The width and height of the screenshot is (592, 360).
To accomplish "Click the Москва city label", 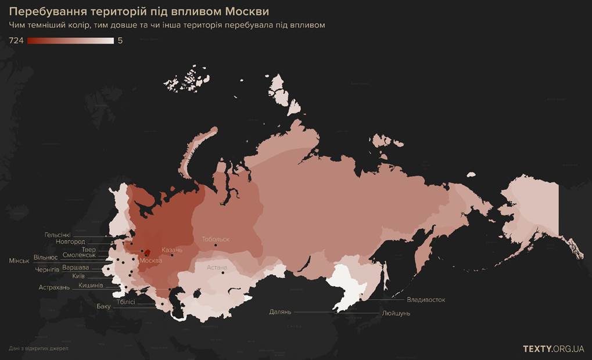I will tap(150, 261).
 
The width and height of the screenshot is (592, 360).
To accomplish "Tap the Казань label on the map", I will tap(172, 250).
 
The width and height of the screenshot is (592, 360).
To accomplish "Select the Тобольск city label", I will tap(216, 239).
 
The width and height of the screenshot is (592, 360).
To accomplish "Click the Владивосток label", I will tap(426, 300).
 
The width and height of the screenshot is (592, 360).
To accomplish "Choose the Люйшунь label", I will tap(396, 314).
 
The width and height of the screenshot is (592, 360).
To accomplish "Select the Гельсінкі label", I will tap(58, 235).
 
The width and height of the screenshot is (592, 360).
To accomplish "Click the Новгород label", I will tap(70, 242).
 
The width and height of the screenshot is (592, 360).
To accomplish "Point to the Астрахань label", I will tap(53, 287).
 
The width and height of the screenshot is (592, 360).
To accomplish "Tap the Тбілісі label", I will tap(125, 301).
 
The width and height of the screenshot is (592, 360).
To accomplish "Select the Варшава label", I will tap(76, 268).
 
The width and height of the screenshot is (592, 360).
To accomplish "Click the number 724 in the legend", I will tap(16, 41).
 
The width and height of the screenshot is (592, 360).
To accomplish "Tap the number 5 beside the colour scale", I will tap(120, 41).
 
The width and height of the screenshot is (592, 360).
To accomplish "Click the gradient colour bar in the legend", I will tap(70, 41).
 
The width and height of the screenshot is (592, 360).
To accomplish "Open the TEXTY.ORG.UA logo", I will tap(553, 349).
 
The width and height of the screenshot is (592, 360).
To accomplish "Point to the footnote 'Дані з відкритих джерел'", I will tap(38, 349).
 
